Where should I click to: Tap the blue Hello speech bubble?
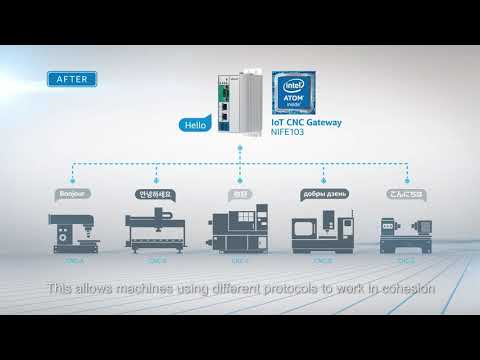point(193,126)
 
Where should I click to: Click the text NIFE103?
point(290,133)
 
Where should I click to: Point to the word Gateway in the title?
point(321,123)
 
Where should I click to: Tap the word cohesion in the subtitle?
point(407,288)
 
